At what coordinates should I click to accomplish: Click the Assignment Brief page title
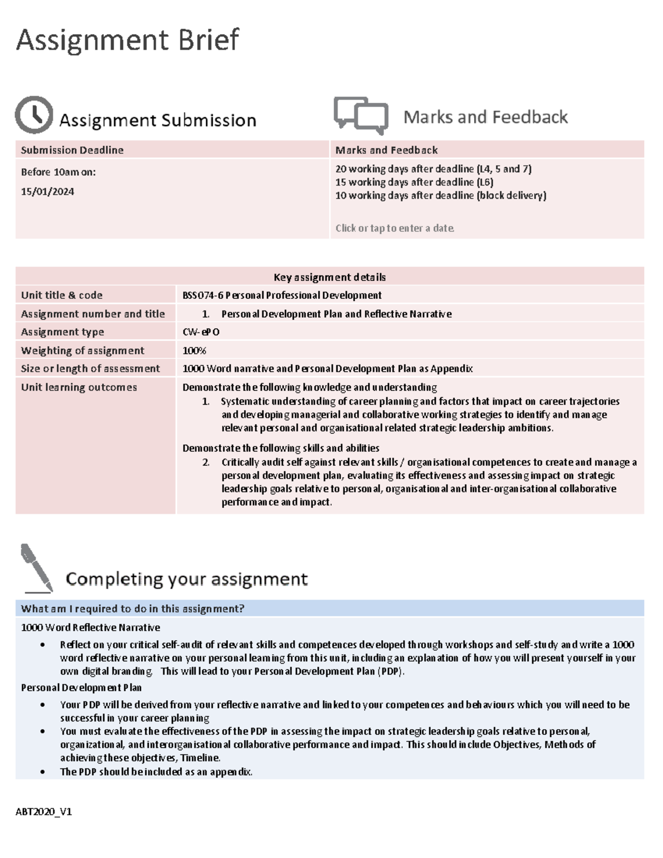click(128, 40)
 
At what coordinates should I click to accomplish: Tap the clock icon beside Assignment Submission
click(34, 115)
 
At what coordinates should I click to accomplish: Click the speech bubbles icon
click(361, 115)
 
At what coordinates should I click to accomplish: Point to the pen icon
click(36, 568)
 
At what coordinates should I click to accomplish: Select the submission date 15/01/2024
click(48, 192)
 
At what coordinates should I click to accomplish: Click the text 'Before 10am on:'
click(59, 172)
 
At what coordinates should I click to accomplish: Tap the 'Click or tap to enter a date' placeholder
click(394, 228)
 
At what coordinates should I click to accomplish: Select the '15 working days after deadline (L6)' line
click(414, 182)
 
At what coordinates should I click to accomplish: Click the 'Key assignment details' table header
click(330, 277)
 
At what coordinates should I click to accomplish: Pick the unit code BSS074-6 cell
click(282, 295)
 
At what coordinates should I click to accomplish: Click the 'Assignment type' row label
click(62, 331)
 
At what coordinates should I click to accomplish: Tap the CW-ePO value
click(201, 331)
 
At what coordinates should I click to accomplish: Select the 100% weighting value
click(194, 350)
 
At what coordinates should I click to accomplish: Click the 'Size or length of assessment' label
click(91, 369)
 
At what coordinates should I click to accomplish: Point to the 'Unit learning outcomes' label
click(79, 387)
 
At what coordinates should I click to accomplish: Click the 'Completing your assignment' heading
click(187, 579)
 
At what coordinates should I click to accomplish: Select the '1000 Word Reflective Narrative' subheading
click(91, 627)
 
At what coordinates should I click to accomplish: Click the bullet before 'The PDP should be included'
click(43, 772)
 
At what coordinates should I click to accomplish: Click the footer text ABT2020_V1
click(46, 812)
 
